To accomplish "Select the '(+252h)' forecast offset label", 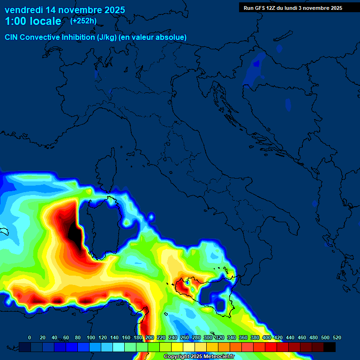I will (83, 21).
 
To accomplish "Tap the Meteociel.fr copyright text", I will (199, 356).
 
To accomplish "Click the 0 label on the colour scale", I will (30, 337).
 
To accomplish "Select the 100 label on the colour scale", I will (91, 337).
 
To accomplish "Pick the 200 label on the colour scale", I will (150, 337).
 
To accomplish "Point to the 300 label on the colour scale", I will (208, 337).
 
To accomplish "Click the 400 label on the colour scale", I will (267, 337).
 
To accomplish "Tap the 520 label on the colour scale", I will (337, 337).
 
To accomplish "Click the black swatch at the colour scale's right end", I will (330, 347).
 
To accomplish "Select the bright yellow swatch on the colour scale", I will (177, 347).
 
